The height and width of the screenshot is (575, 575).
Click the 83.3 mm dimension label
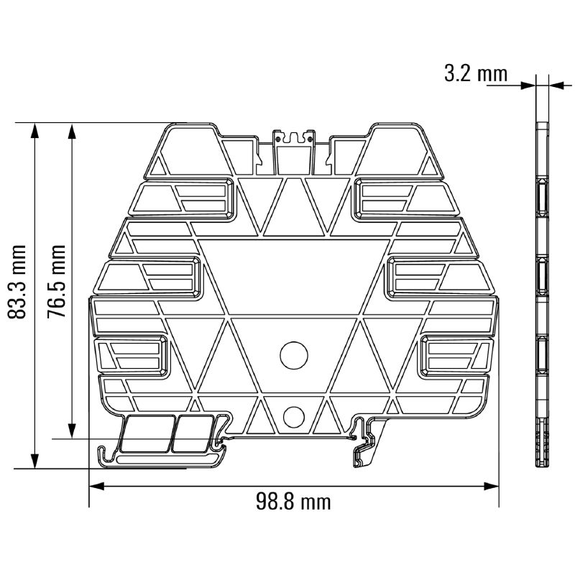[17, 282]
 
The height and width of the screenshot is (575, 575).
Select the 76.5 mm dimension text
[57, 281]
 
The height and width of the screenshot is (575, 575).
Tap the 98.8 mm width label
[293, 501]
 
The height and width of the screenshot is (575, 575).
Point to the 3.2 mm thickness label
[476, 73]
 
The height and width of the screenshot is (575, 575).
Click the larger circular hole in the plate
[294, 355]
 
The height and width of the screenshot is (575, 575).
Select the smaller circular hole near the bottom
[294, 417]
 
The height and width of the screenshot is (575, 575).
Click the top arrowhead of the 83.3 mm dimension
[34, 131]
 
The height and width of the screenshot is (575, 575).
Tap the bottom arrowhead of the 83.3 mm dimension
[34, 461]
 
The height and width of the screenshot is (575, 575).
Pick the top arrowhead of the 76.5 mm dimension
[73, 131]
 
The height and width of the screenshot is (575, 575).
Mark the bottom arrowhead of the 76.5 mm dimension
[73, 431]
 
